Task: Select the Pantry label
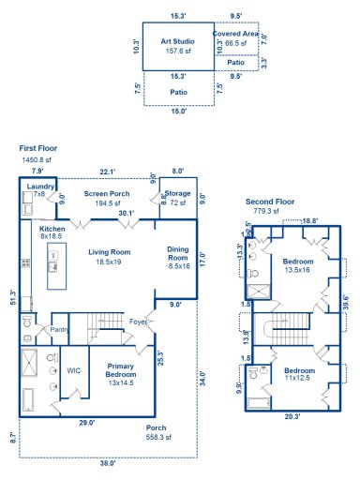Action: point(58,329)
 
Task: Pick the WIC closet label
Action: point(72,369)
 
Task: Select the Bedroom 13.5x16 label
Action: point(297,264)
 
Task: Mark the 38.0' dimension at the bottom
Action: point(107,462)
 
